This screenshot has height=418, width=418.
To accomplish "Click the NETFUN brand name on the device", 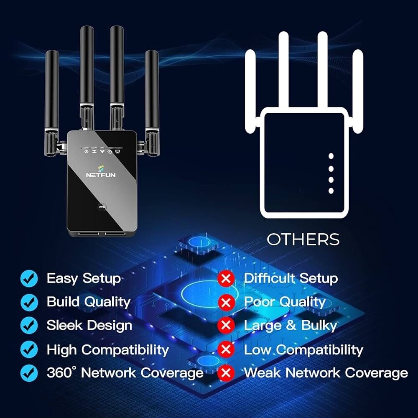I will point(100,176).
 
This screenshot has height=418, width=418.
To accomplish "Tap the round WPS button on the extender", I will point(102,206).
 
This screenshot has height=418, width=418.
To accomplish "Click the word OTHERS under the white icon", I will point(303,240).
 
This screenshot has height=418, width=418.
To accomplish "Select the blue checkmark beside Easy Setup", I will point(29,278).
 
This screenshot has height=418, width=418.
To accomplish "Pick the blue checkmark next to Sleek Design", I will point(29,325).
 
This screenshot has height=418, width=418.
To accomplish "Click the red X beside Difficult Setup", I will point(226,278).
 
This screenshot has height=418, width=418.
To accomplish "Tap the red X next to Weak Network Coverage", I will point(226,372).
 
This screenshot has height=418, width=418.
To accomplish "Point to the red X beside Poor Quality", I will point(226,302).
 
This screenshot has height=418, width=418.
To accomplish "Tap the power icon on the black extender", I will point(86,151).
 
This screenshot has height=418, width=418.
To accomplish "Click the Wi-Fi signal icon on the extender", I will point(102,151).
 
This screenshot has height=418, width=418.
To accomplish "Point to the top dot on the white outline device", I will point(331,156).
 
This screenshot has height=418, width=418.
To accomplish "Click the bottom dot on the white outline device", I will point(331,191).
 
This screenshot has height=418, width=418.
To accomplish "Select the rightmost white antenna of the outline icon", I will point(358,88).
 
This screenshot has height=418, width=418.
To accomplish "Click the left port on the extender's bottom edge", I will point(87,233).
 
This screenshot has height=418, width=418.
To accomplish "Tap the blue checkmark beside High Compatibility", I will point(29,349).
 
